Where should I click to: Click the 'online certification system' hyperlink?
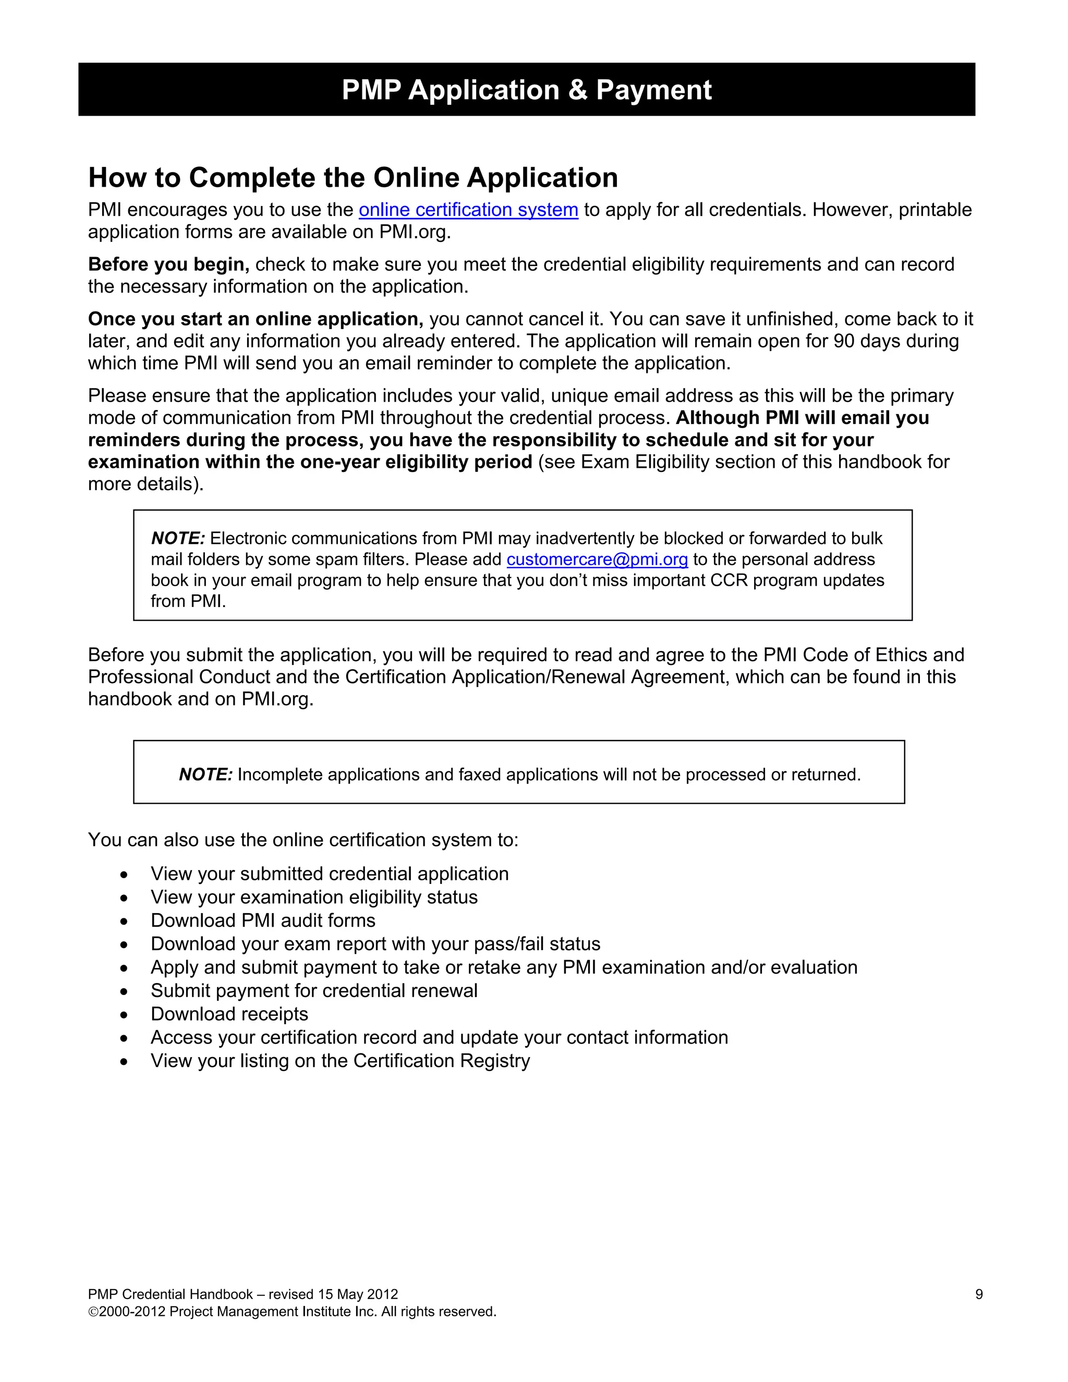(468, 210)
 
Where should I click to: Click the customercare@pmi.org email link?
(597, 560)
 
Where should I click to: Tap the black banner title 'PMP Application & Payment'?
(526, 90)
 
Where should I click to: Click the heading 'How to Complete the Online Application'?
(353, 178)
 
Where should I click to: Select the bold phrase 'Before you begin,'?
(168, 264)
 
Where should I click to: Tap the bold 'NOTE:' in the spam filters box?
(178, 539)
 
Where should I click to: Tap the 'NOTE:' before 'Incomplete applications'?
(205, 774)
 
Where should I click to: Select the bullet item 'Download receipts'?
(229, 1014)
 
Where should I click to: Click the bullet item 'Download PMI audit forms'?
(263, 920)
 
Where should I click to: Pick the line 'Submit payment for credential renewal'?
(314, 990)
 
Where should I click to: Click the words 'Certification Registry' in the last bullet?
(441, 1061)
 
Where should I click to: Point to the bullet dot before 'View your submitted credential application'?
(124, 875)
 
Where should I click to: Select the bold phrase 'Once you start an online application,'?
(256, 319)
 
